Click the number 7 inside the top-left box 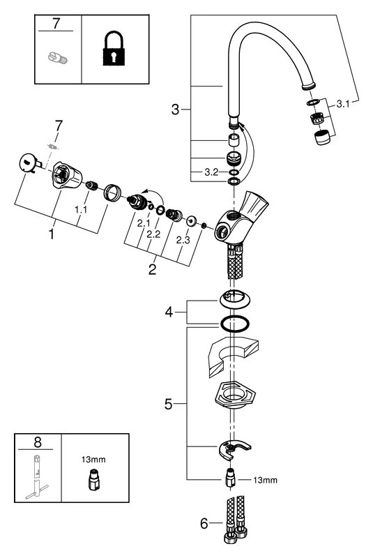[57, 25]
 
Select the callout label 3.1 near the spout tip [344, 103]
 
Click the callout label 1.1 [81, 209]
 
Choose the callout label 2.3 [183, 239]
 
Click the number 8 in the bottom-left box [37, 442]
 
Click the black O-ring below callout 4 [235, 323]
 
